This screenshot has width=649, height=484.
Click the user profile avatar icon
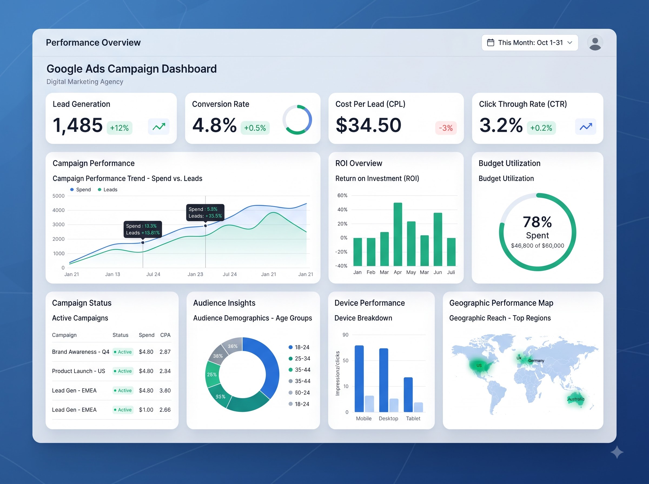[595, 43]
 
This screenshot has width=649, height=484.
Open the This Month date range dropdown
[530, 43]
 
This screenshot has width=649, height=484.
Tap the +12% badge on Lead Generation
[119, 128]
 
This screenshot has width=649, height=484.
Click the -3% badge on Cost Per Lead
[446, 128]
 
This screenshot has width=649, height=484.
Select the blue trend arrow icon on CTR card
[586, 127]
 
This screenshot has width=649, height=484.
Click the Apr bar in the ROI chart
[398, 234]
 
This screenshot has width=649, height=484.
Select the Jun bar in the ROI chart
[438, 239]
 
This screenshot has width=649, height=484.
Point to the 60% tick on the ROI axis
[342, 196]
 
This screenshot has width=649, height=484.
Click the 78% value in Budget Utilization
[537, 222]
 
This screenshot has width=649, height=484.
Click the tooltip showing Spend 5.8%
[205, 212]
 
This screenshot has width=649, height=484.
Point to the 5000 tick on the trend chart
[58, 196]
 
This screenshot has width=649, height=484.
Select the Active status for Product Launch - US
[123, 371]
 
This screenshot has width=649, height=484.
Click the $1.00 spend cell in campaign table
[146, 410]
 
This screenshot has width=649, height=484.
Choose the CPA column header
[165, 335]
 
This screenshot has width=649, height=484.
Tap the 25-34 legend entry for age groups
[299, 359]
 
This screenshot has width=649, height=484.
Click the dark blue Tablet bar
[408, 395]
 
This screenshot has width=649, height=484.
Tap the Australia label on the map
[576, 399]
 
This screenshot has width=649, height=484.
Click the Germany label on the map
[536, 361]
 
